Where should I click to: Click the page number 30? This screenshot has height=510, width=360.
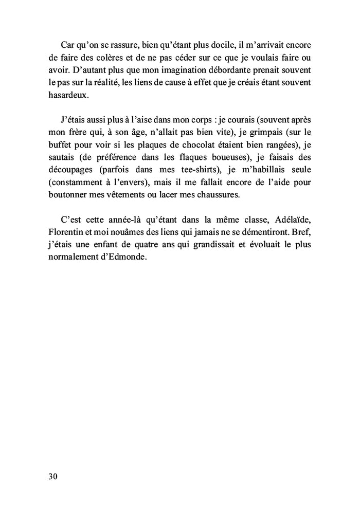point(53,476)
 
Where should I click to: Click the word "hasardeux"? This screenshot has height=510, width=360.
point(68,96)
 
